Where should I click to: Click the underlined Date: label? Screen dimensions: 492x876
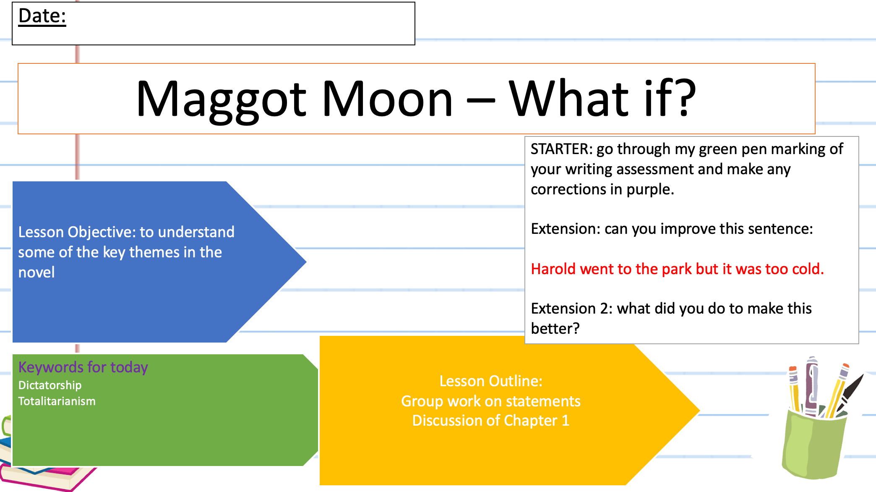[42, 16]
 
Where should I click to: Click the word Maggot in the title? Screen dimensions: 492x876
[221, 99]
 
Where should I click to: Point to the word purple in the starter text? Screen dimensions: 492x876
[650, 189]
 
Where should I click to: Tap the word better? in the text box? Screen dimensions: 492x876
[555, 329]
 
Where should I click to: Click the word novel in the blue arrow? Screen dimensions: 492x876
[36, 272]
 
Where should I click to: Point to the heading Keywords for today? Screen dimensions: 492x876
[83, 367]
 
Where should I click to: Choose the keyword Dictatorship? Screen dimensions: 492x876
[50, 385]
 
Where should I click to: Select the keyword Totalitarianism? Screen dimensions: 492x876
[57, 401]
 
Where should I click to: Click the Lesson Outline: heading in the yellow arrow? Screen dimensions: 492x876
[491, 381]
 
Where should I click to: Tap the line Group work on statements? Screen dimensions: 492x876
[491, 401]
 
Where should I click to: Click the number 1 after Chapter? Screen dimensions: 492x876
[565, 421]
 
